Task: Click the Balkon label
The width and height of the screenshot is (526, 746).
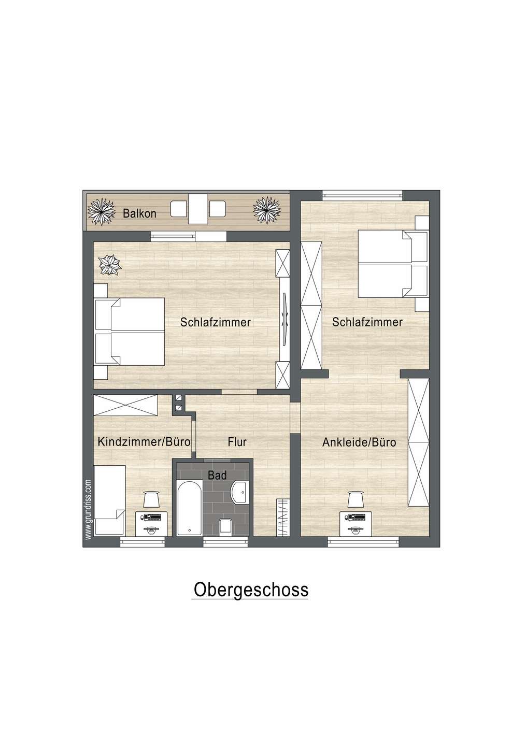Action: coord(139,213)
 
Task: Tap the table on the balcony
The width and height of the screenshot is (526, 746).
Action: coord(198,209)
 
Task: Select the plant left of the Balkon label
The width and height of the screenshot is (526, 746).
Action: coord(101,211)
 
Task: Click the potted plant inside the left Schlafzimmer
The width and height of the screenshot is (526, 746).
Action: coord(110,265)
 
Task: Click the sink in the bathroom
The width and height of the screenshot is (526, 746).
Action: coord(240,491)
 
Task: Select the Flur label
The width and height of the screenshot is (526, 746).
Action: coord(237,442)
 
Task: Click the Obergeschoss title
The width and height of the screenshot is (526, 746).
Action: coord(251,590)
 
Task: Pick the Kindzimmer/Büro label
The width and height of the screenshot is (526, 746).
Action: coord(144,442)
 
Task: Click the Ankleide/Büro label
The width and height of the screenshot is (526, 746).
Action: coord(359,442)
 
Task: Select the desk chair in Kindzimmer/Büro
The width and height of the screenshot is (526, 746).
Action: coord(151,499)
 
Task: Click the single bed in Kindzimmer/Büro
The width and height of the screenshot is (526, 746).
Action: coord(109,500)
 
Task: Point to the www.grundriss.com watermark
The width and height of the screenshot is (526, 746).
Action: coord(88,510)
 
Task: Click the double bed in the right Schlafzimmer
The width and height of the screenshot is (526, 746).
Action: coord(392,264)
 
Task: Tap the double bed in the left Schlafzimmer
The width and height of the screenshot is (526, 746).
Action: coord(130,332)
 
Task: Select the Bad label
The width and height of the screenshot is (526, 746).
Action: coord(217,475)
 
